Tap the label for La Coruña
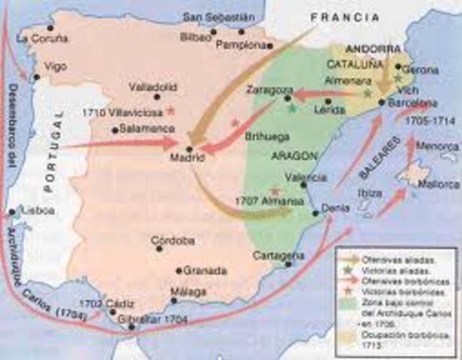[x=42, y=36]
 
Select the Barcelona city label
[x=413, y=103]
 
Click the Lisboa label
[x=39, y=211]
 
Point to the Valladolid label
[x=151, y=86]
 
